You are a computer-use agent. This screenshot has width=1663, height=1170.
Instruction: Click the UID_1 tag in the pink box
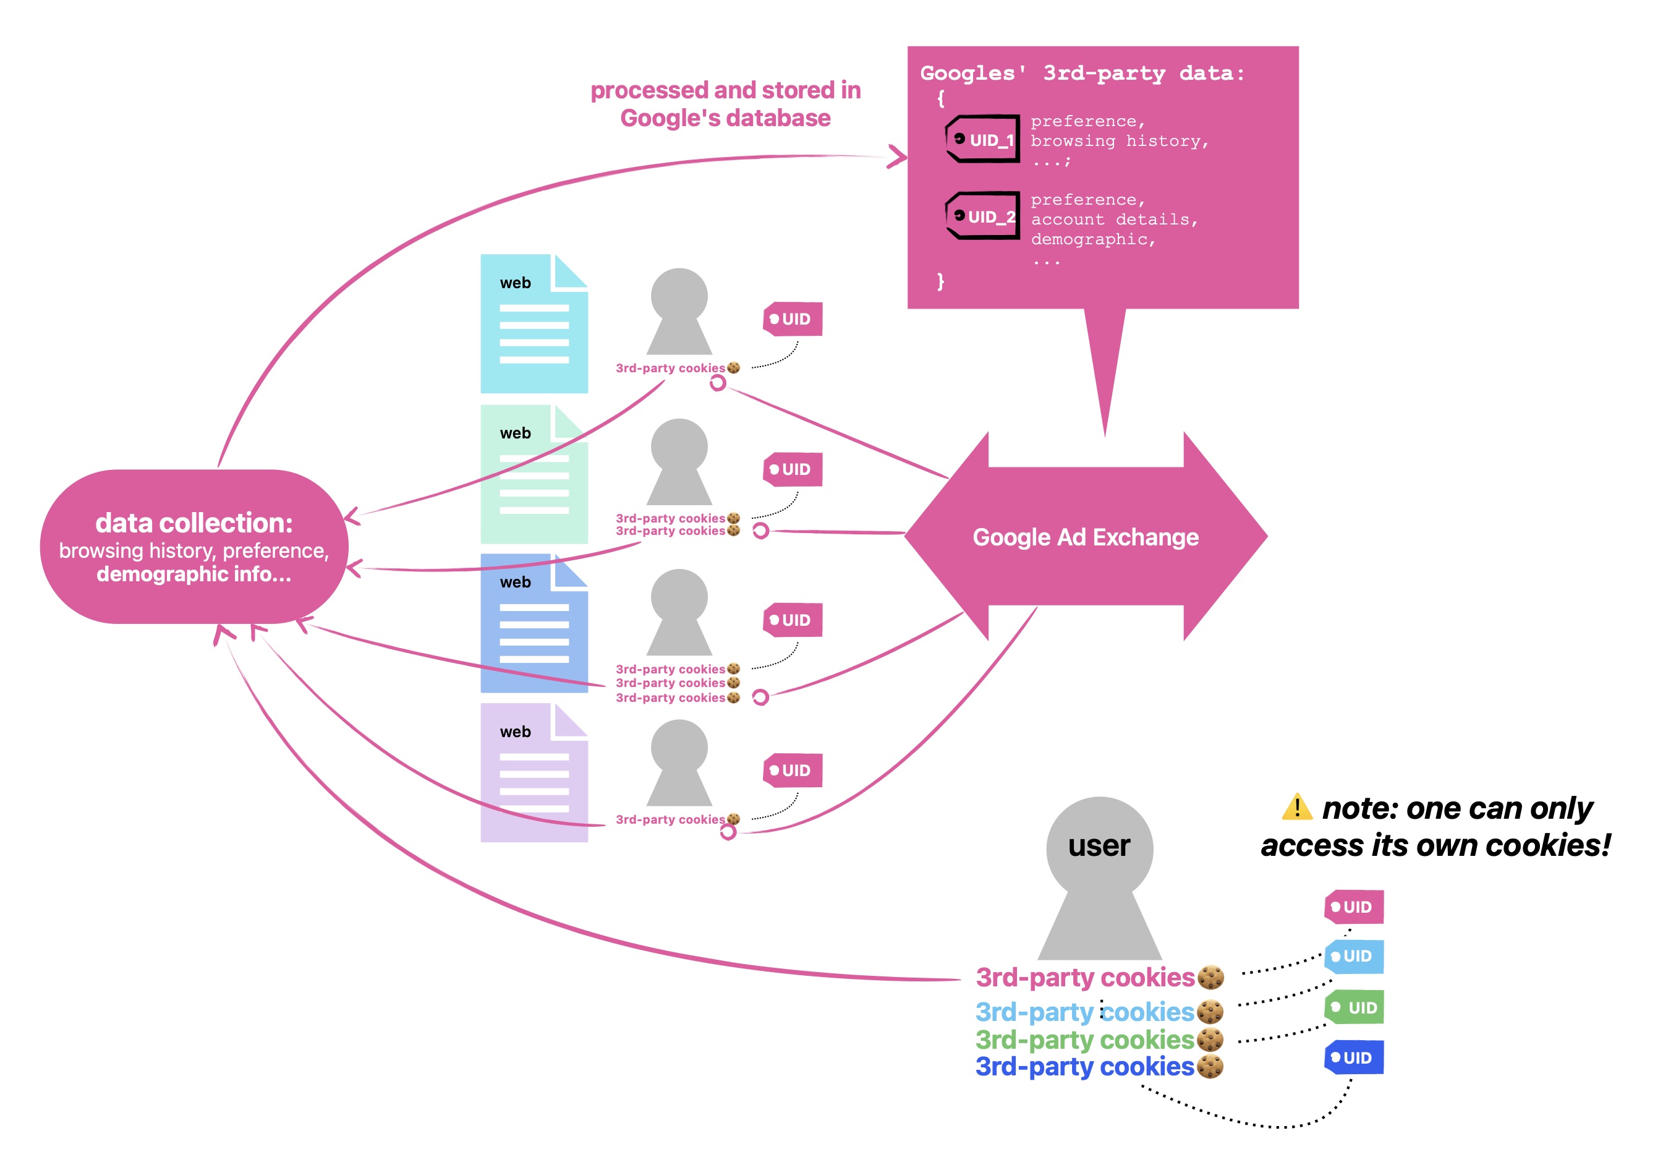point(982,139)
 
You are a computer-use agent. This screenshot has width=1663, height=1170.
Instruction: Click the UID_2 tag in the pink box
point(982,216)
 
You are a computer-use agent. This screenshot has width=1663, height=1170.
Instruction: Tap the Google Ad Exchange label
point(1085,537)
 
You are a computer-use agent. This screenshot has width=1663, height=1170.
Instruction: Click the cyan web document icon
point(534,324)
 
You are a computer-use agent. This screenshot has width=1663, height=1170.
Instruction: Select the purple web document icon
point(534,772)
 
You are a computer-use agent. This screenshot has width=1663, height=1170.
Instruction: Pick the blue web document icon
point(534,623)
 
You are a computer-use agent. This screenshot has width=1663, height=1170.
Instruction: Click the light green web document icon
point(534,474)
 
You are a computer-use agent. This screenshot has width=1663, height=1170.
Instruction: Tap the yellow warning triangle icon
point(1296,807)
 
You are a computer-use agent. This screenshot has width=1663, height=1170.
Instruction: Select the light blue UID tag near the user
point(1355,956)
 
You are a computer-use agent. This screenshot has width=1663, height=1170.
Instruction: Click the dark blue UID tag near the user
point(1355,1057)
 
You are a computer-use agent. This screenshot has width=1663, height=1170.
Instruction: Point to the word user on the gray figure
point(1099,846)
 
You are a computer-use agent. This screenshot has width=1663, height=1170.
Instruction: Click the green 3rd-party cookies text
point(1084,1040)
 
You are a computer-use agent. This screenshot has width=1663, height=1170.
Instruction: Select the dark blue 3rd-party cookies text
point(1084,1066)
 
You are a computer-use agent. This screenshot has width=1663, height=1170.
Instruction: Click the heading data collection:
point(194,523)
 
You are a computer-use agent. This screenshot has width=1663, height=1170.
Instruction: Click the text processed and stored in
point(725,90)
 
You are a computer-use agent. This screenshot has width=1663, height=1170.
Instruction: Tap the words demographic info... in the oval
point(194,574)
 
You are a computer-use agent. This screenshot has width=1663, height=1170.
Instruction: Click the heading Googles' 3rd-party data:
point(1082,73)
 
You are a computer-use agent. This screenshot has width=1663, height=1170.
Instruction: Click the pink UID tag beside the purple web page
point(793,770)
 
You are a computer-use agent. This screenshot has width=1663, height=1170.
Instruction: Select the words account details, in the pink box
point(1114,219)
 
